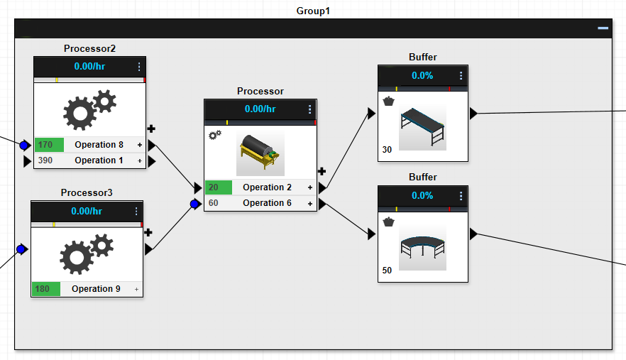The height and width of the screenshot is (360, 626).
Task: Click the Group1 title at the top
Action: point(313,11)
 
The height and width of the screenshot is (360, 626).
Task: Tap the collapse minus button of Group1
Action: point(603,28)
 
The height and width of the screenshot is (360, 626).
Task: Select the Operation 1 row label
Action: point(99,160)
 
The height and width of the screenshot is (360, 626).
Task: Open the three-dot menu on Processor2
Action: point(139,67)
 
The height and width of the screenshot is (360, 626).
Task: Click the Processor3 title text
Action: point(87,192)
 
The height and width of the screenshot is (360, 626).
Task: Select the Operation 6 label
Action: point(267,203)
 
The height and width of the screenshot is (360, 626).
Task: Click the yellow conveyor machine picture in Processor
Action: point(260,153)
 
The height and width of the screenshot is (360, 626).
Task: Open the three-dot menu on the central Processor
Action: point(310,109)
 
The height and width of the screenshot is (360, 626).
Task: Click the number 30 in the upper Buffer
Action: point(387,150)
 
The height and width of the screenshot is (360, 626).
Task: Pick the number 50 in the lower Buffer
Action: point(387,271)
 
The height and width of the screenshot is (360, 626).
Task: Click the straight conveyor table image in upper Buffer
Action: point(422,128)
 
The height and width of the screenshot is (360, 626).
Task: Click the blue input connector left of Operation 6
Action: point(194,204)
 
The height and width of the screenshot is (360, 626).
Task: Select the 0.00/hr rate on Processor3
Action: point(87,212)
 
